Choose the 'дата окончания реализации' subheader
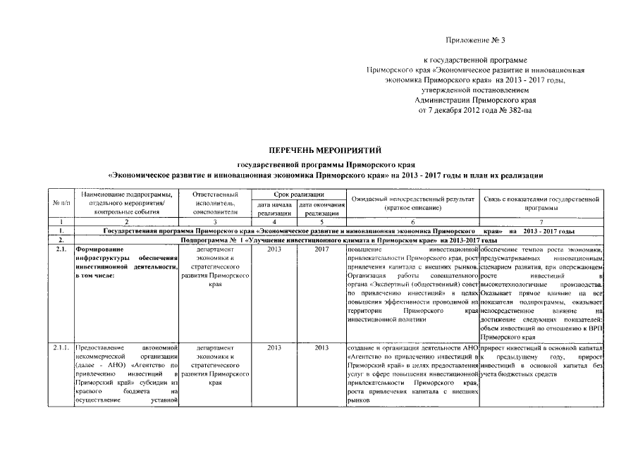(321, 208)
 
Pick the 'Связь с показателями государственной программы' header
(542, 202)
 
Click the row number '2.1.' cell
(61, 249)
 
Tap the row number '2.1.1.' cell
(61, 347)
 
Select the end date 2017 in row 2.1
(321, 249)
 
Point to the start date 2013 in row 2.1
(274, 249)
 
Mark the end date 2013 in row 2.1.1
(321, 347)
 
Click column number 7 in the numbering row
(542, 221)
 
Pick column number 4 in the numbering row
(274, 221)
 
